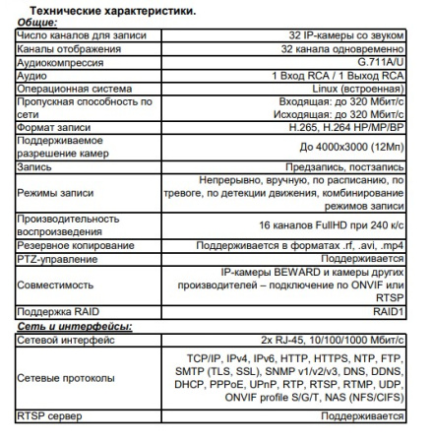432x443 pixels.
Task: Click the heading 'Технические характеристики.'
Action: (105, 10)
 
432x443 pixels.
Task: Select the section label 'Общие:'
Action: (37, 22)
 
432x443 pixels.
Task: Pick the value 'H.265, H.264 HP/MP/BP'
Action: (338, 128)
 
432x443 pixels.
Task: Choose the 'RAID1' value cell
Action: (384, 313)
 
